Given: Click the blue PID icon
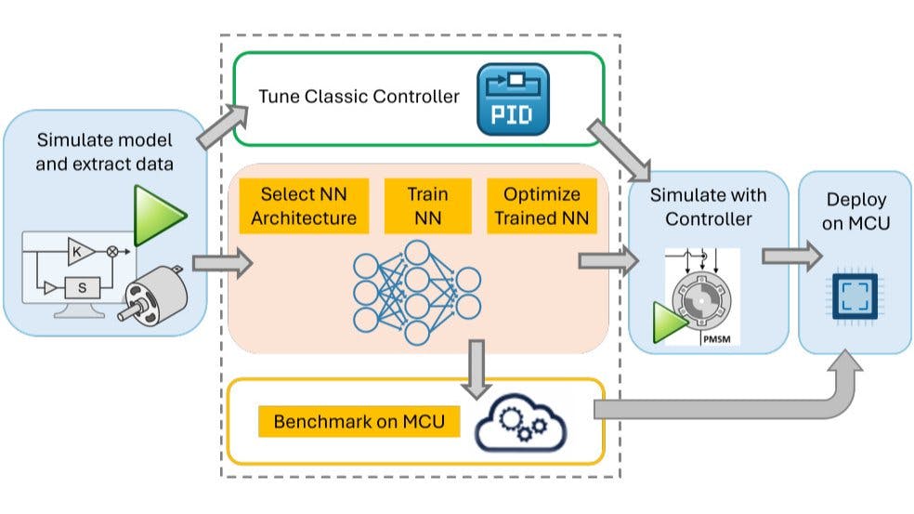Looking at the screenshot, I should click(512, 98).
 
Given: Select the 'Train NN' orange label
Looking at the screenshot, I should click(427, 206).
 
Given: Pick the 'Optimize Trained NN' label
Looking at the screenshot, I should click(542, 206).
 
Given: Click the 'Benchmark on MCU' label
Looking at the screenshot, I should click(359, 422).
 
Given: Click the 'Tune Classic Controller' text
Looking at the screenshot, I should click(359, 96).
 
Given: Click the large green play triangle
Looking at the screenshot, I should click(159, 216).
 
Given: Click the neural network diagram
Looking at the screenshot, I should click(417, 293).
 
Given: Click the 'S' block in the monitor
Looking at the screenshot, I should click(82, 288).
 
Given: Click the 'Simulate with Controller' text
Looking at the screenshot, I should click(708, 206).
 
